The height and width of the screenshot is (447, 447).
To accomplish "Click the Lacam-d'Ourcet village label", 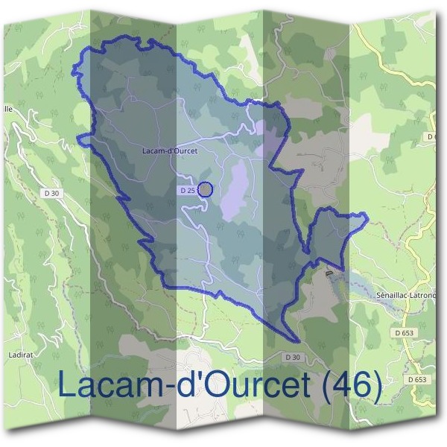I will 169,150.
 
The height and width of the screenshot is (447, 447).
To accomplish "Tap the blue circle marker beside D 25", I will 206,190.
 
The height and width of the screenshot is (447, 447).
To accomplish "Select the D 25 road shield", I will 187,191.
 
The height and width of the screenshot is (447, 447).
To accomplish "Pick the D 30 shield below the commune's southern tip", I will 292,358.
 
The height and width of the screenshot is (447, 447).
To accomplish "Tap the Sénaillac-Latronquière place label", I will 407,295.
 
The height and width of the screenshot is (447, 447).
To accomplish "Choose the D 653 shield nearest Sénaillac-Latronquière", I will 404,332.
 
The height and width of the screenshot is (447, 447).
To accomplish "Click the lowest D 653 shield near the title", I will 417,379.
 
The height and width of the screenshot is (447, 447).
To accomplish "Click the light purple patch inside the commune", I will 237,190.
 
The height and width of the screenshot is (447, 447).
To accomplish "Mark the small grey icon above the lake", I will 329,273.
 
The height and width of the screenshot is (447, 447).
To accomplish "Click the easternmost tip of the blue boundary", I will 367,217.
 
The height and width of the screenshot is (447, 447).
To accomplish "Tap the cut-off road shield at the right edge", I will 431,137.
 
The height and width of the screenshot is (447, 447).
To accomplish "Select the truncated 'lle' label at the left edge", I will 7,108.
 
